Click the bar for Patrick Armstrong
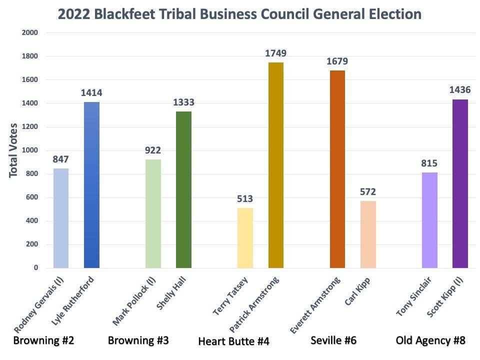click(x=276, y=165)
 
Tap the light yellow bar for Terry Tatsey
click(x=245, y=237)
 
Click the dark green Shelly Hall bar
click(x=183, y=189)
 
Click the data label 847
click(x=60, y=159)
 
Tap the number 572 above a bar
click(x=368, y=192)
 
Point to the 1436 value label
click(x=460, y=90)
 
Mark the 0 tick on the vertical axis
click(x=35, y=268)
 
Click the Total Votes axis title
click(x=13, y=150)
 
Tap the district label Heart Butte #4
click(x=233, y=341)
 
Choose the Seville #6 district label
click(x=333, y=340)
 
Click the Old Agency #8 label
click(x=430, y=340)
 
